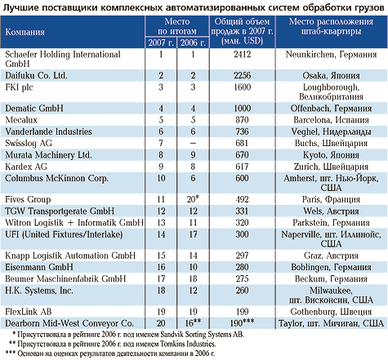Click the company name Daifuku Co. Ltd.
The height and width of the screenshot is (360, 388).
click(36, 75)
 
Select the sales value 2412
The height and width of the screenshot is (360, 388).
click(242, 55)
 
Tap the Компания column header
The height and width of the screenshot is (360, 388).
click(25, 32)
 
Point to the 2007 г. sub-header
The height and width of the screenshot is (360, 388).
click(161, 42)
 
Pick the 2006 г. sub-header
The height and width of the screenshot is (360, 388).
click(193, 42)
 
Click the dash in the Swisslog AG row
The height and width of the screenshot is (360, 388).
click(193, 144)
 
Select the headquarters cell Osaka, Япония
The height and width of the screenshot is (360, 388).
click(331, 76)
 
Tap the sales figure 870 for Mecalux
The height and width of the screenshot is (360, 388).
click(242, 120)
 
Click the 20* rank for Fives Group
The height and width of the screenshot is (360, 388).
click(193, 199)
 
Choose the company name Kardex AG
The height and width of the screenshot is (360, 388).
click(26, 167)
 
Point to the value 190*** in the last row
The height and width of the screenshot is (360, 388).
click(242, 323)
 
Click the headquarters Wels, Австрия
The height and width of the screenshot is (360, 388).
click(331, 211)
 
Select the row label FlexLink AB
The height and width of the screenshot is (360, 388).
click(29, 312)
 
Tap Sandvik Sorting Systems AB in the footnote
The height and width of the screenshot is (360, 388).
click(203, 334)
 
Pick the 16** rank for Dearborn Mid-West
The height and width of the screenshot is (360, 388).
click(193, 323)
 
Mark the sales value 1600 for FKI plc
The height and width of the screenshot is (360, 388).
click(242, 87)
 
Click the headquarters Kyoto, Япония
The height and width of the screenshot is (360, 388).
click(331, 155)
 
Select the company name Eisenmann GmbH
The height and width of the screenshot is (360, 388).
click(39, 267)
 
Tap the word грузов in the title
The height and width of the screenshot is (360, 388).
click(369, 7)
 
